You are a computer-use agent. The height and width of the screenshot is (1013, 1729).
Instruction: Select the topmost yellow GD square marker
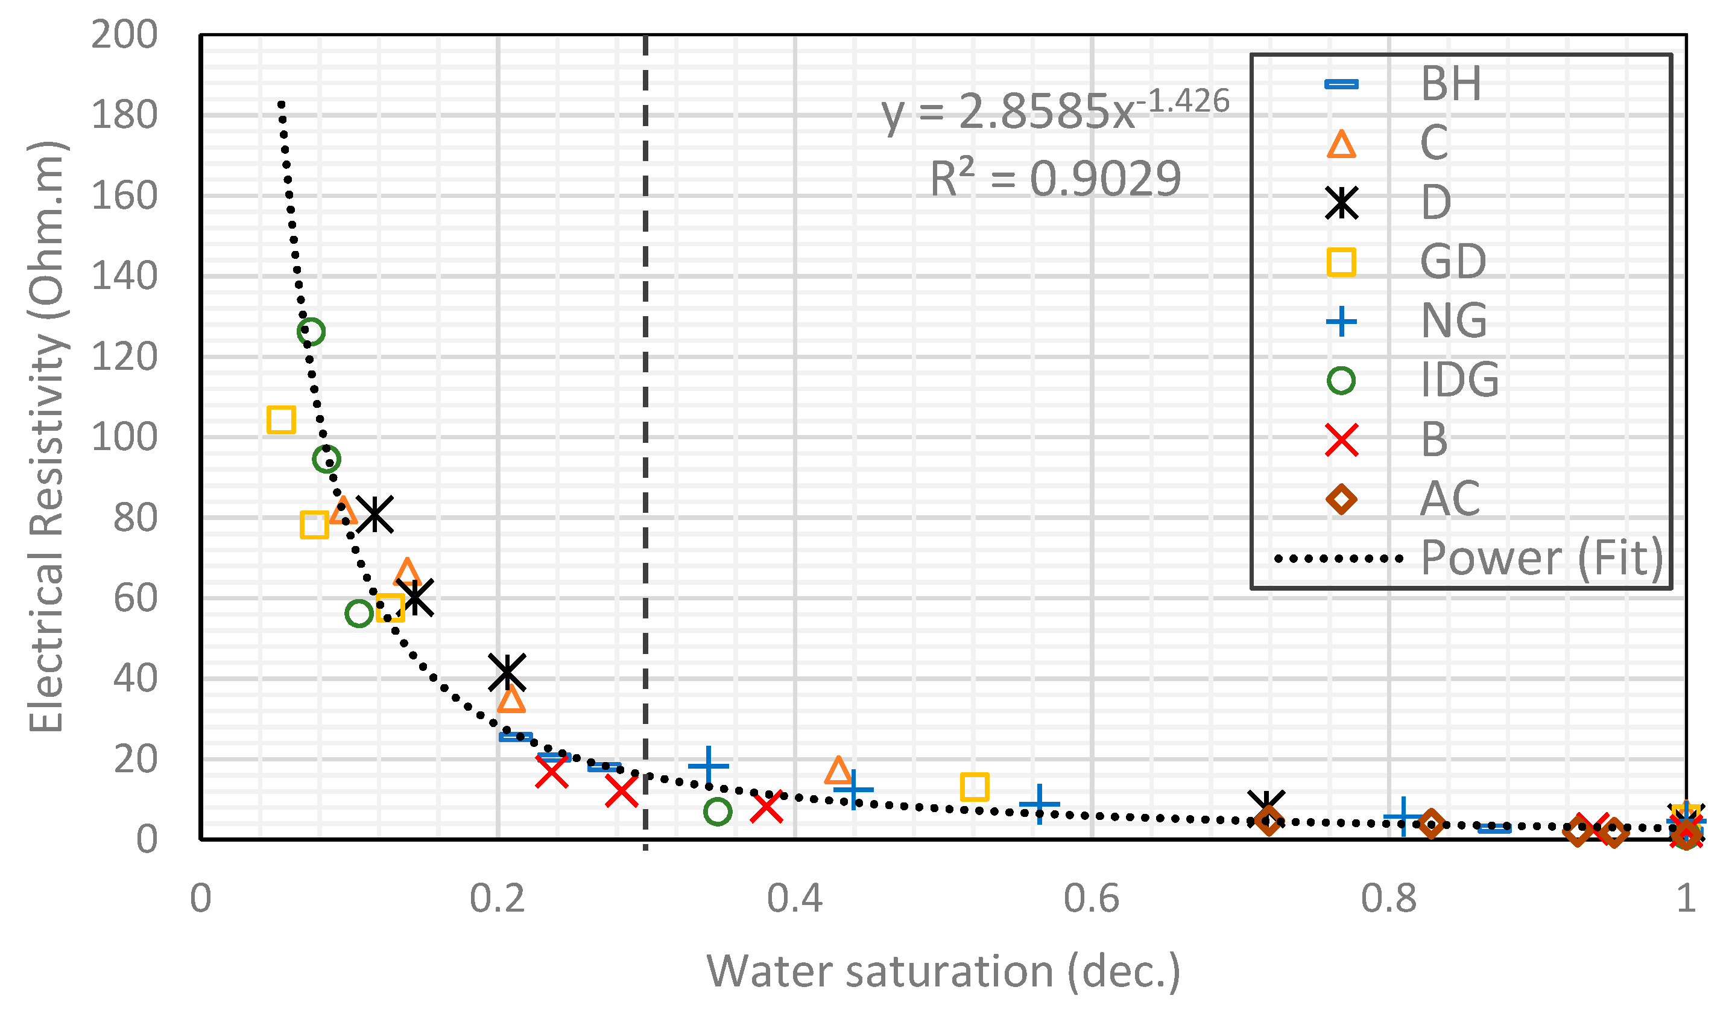click(280, 419)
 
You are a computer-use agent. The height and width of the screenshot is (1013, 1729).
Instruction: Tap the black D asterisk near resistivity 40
click(507, 672)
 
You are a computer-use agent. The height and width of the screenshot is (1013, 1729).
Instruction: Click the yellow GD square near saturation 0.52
click(975, 787)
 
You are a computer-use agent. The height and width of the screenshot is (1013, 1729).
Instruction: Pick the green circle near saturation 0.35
click(717, 812)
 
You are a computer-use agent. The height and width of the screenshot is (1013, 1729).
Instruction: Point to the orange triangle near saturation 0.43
click(838, 770)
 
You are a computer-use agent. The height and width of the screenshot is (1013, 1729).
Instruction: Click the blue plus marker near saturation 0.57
click(1040, 804)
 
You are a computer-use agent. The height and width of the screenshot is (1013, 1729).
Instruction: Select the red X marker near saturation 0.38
click(767, 807)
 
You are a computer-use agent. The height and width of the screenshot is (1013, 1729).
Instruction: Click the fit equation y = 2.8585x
click(1055, 110)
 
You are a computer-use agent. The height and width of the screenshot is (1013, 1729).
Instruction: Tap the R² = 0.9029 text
click(1055, 179)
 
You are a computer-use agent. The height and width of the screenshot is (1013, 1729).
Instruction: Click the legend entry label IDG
click(1459, 379)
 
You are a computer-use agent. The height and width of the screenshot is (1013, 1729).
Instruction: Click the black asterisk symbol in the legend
click(1341, 203)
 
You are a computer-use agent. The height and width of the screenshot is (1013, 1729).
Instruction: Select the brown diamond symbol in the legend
click(1341, 499)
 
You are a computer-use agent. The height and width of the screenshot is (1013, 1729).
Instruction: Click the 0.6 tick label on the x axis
click(1091, 898)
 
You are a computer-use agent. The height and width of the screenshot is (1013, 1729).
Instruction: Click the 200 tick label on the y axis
click(124, 34)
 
